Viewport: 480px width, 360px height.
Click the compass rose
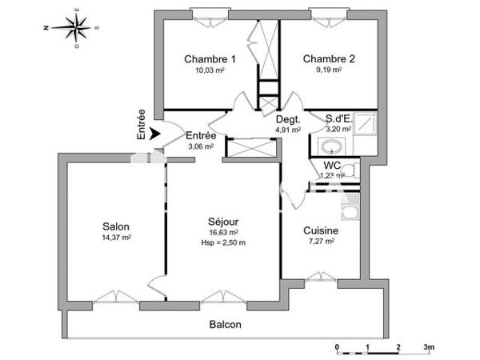pos(76,29)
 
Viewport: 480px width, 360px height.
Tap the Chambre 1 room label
pos(210,59)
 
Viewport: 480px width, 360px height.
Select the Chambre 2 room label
pos(328,59)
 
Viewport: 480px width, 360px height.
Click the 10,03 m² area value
pos(210,70)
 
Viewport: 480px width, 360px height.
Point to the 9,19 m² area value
pos(328,70)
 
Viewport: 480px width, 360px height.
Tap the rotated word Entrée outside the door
pos(142,125)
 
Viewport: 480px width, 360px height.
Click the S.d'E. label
pos(339,119)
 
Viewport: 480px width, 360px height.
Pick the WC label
pos(332,166)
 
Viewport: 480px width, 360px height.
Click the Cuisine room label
pos(320,230)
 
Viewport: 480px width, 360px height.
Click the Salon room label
pos(116,226)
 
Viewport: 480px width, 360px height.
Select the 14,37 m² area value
pos(116,238)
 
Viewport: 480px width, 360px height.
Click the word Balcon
pos(225,325)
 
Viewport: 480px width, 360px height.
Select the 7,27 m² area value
pos(320,241)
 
